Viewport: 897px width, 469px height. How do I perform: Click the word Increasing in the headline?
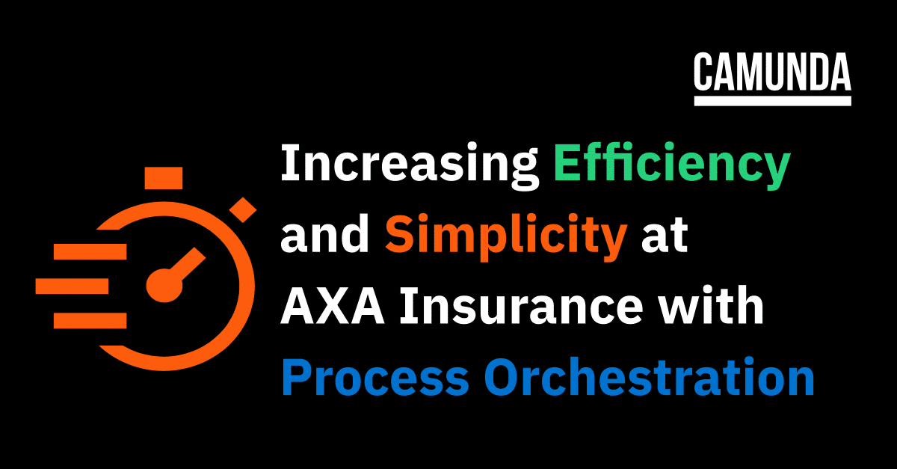point(410,165)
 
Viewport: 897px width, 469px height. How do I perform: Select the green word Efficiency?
point(672,165)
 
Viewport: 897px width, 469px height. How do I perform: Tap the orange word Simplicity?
point(506,236)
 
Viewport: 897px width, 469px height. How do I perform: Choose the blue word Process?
point(375,377)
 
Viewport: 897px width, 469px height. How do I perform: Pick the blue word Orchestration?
point(650,377)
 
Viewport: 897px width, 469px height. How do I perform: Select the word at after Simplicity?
point(665,236)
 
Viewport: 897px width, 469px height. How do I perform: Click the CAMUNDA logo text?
point(772,72)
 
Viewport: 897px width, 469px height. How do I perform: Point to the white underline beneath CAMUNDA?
point(772,101)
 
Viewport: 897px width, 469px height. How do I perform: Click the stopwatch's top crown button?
point(164,178)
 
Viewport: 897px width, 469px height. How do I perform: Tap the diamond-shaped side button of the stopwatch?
point(243,209)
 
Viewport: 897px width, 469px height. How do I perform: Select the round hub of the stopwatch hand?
point(164,286)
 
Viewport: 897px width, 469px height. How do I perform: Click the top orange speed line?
point(90,251)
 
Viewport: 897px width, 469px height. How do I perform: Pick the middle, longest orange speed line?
point(72,286)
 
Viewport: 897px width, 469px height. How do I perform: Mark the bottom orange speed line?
point(90,321)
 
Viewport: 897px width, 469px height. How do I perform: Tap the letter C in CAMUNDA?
point(703,72)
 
